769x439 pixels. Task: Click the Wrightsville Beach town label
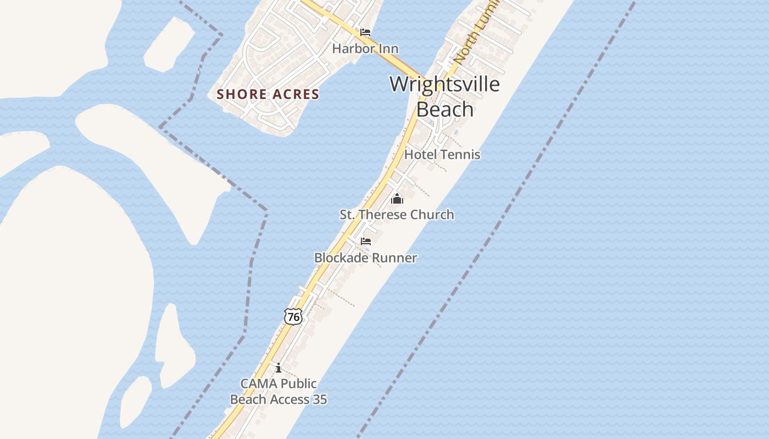click(x=444, y=97)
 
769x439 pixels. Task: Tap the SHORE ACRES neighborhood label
click(x=268, y=94)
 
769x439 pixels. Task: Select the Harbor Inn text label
click(x=365, y=49)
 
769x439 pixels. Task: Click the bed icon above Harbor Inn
click(x=365, y=33)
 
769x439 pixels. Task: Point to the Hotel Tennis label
click(x=442, y=155)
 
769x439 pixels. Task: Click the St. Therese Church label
click(x=397, y=215)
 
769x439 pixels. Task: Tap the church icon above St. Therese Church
click(x=397, y=199)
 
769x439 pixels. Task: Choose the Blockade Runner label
click(x=365, y=258)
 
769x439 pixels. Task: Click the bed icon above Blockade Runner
click(x=365, y=241)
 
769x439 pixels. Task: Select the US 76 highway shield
click(x=293, y=317)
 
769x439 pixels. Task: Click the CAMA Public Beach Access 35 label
click(x=278, y=391)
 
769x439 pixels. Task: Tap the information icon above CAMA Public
click(x=278, y=368)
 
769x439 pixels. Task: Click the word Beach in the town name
click(x=445, y=109)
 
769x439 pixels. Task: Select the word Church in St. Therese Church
click(x=432, y=215)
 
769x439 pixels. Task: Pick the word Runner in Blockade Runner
click(x=394, y=258)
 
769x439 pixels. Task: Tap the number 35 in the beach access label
click(x=320, y=399)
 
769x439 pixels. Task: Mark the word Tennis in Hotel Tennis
click(x=461, y=155)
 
